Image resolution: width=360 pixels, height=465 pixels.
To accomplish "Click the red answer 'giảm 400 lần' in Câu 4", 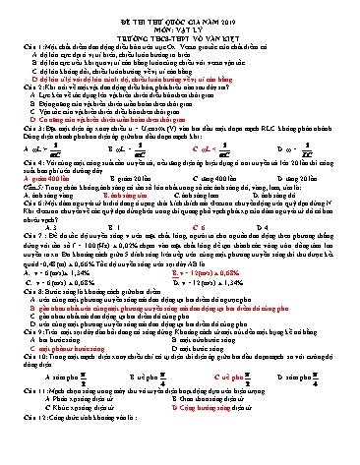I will [x=47, y=180].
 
